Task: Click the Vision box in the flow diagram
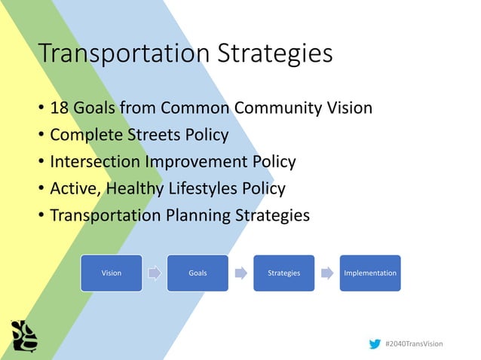coord(112,273)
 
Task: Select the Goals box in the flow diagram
coord(198,273)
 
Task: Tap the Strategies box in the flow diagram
coord(283,273)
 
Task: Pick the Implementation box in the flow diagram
coord(369,273)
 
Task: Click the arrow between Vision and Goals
coord(155,273)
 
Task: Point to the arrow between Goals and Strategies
coord(240,273)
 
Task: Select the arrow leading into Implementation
coord(326,273)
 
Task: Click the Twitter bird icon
coord(375,343)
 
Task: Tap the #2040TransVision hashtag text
coord(414,343)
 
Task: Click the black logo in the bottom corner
coord(24,336)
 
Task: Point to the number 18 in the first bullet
coord(59,108)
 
